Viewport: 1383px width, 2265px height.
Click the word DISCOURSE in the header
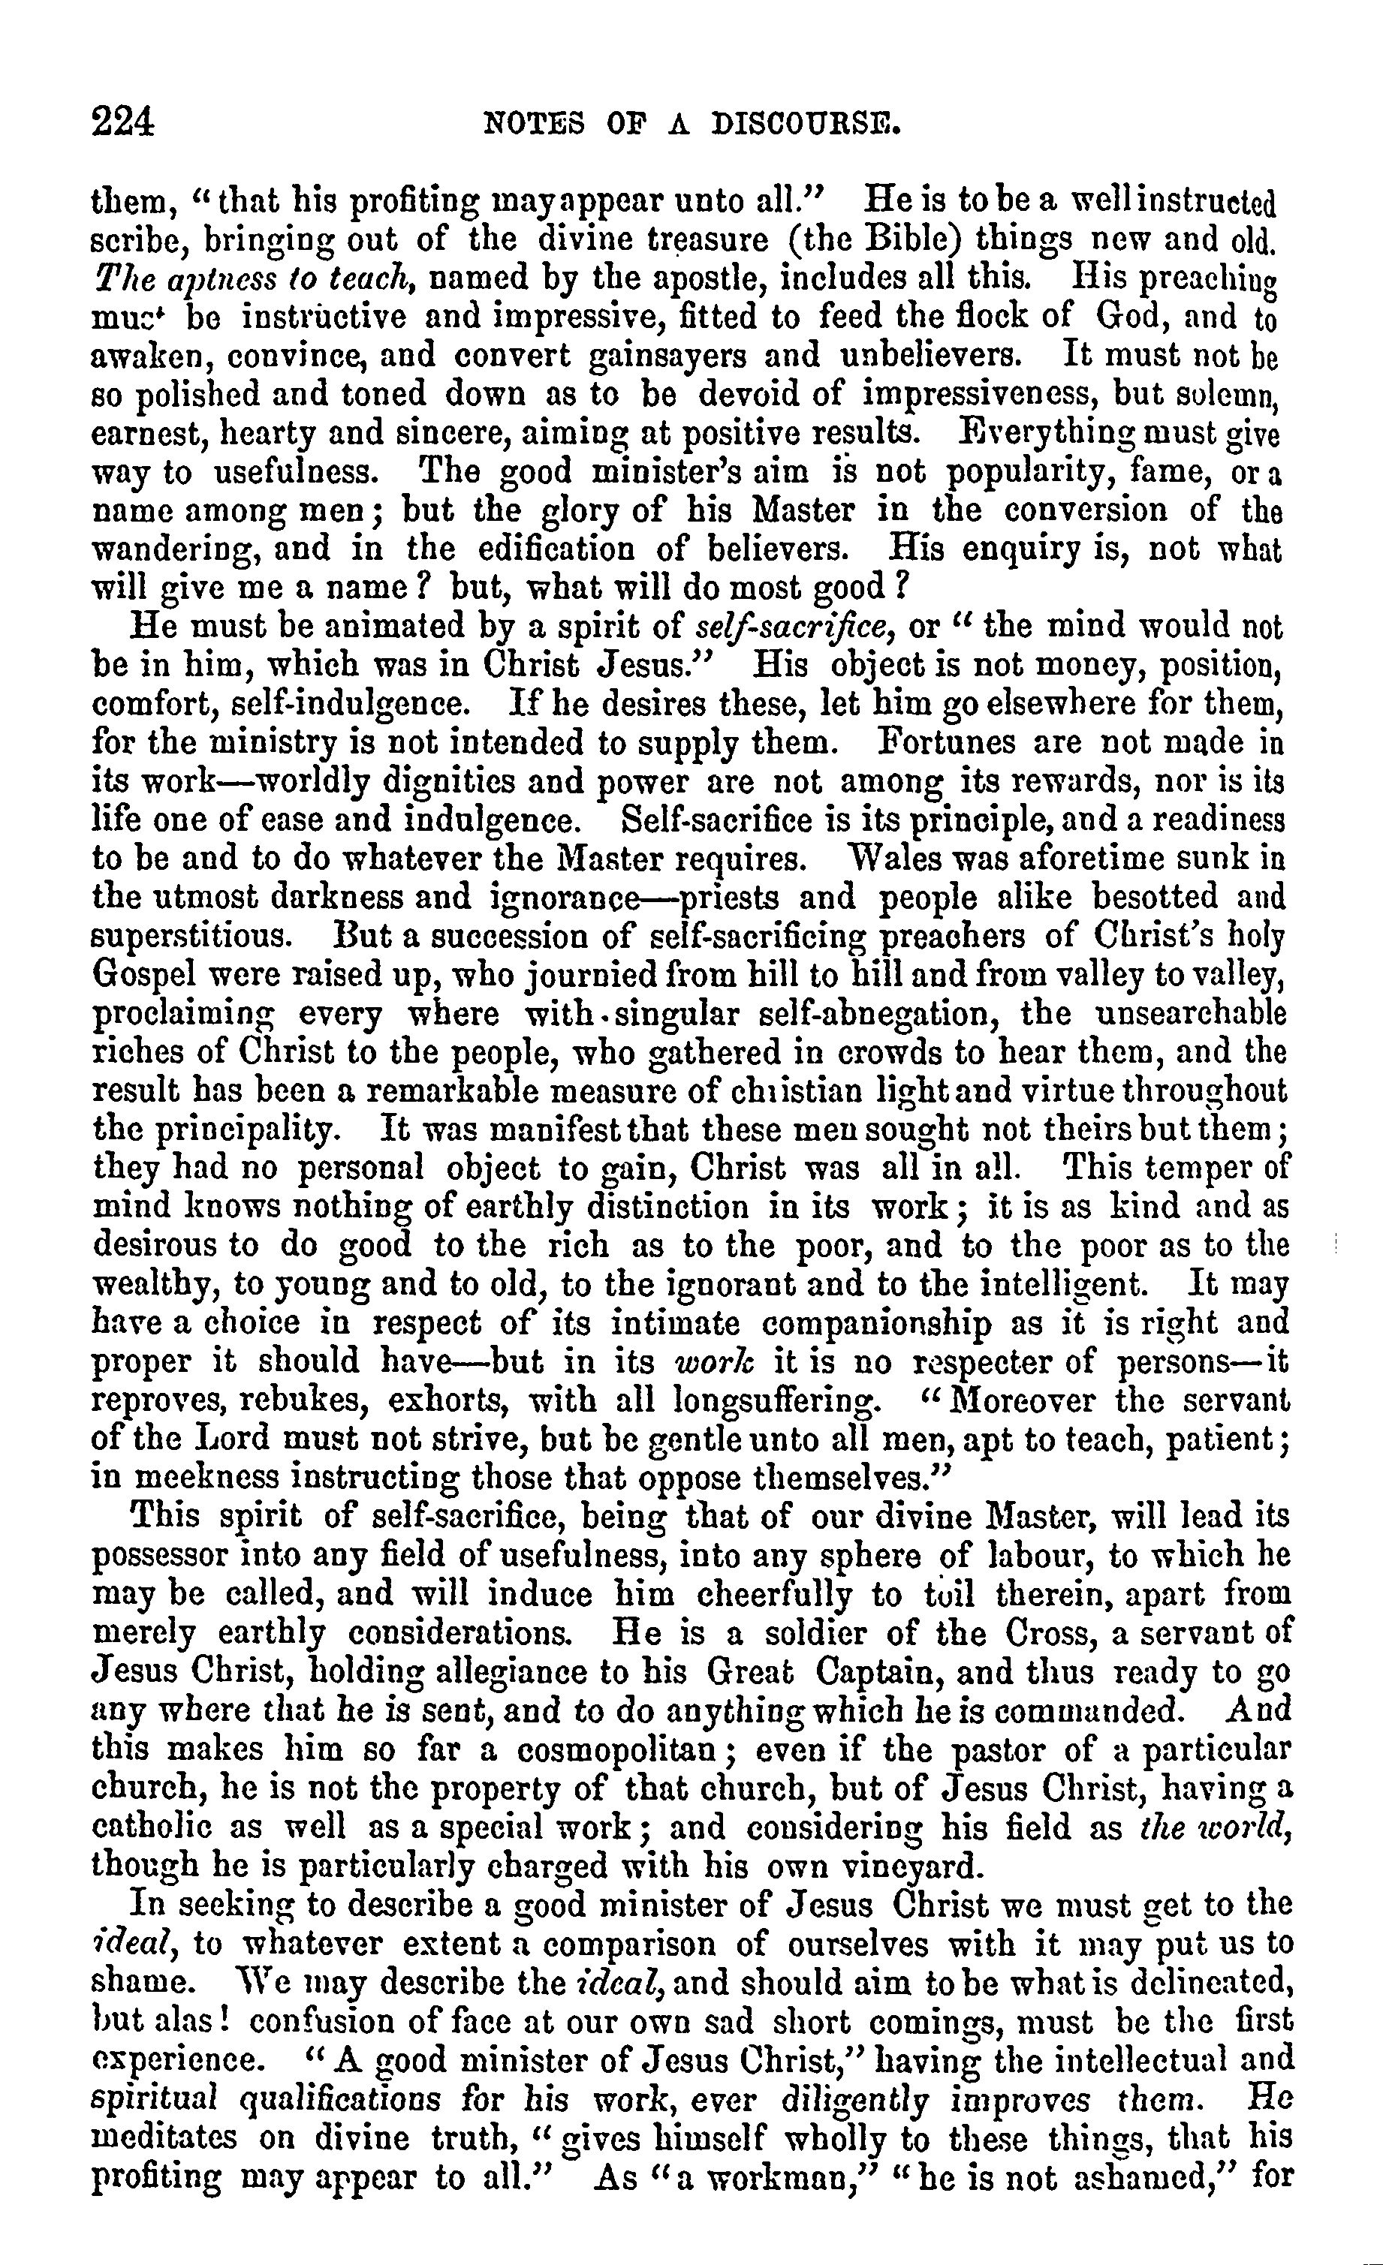click(806, 123)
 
